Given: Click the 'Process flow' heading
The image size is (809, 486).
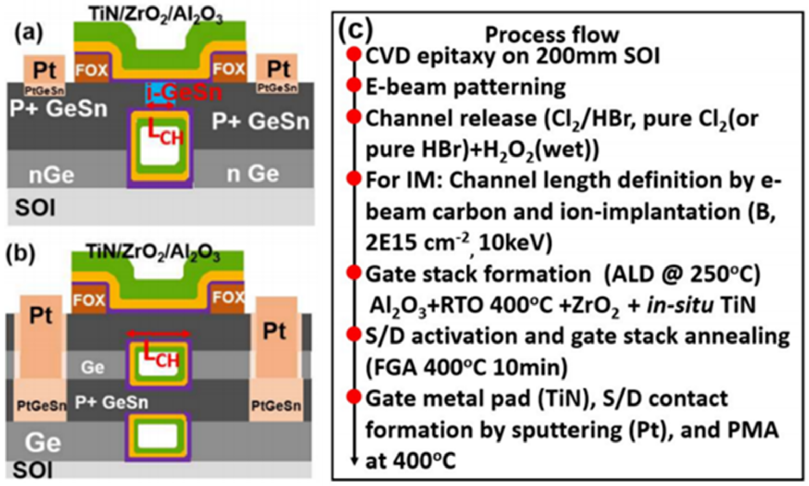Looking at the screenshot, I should coord(552,35).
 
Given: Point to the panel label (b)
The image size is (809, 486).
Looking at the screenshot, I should coord(21,254).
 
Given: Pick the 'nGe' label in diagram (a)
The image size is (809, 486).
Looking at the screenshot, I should coord(51,175).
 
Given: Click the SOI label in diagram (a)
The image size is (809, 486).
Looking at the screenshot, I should coord(35,208).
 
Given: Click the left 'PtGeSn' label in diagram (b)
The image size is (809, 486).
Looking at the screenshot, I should coord(41,406).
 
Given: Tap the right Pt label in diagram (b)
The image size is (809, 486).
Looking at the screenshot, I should coord(274,331).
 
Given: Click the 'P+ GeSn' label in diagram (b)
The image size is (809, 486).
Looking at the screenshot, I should coord(111,402).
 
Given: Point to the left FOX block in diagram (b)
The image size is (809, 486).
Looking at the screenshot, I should coord(89,300).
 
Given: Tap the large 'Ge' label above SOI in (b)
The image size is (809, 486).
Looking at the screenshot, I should coord(43,443).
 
